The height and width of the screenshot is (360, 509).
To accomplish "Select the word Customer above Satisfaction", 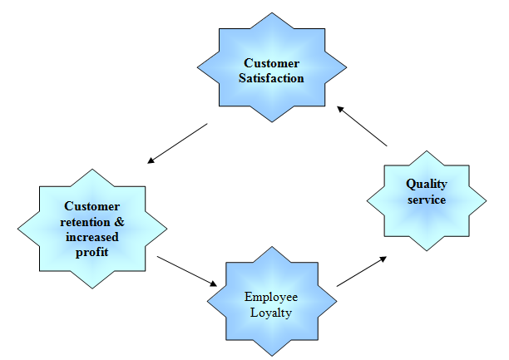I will click(273, 63).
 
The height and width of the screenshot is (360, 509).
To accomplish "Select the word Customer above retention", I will click(91, 205).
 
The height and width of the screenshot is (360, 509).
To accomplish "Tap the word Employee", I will click(271, 297).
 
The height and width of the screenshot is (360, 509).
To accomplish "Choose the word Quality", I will click(427, 185).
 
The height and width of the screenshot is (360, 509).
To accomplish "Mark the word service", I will click(427, 200).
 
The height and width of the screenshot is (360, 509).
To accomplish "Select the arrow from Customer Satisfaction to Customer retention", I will click(176, 142).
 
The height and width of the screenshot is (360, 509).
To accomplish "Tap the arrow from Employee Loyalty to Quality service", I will click(361, 272).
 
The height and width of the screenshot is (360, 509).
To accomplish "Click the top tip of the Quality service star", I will click(427, 150).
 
